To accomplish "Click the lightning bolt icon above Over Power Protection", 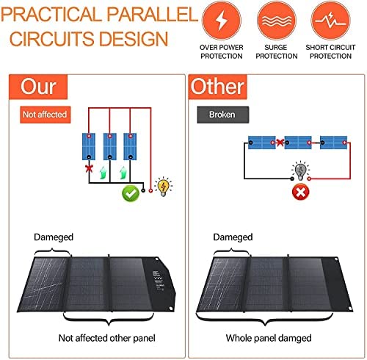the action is click(x=222, y=21).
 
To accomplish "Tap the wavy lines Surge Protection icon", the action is click(x=277, y=21).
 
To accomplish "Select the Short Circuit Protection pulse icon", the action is click(x=330, y=21).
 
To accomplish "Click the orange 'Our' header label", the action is click(x=38, y=87).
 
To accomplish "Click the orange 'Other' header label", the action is click(x=217, y=87).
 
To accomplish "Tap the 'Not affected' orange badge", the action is click(x=46, y=115).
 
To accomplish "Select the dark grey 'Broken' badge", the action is click(x=223, y=115).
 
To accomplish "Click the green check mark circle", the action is click(x=131, y=193).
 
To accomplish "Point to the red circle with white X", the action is click(x=301, y=192).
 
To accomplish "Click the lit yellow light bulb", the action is click(x=164, y=187).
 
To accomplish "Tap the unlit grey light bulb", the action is click(x=301, y=170).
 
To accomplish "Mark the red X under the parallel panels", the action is click(x=89, y=168).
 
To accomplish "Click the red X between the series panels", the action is click(x=280, y=143).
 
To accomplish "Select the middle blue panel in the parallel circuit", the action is click(x=110, y=146).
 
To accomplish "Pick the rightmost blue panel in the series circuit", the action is click(x=334, y=143).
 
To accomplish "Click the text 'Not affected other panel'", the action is click(x=106, y=338).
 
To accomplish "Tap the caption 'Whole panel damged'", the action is click(x=269, y=338).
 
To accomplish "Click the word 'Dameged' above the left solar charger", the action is click(x=54, y=237).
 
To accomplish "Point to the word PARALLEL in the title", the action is click(x=152, y=14).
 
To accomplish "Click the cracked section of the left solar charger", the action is click(x=44, y=284).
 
